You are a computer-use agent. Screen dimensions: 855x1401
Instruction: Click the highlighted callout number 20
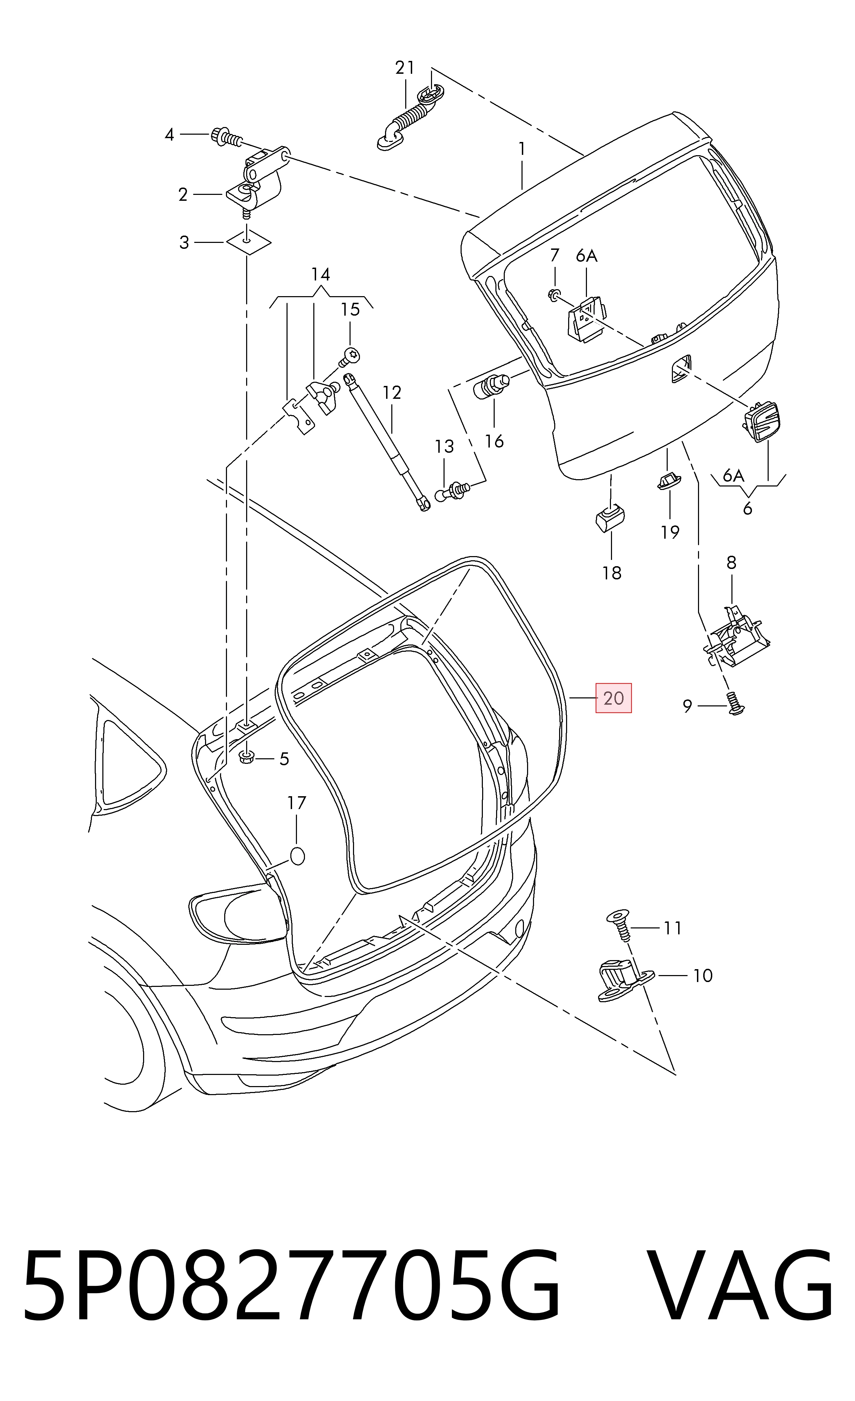coord(613,698)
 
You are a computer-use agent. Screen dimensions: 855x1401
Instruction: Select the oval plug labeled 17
coord(298,856)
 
